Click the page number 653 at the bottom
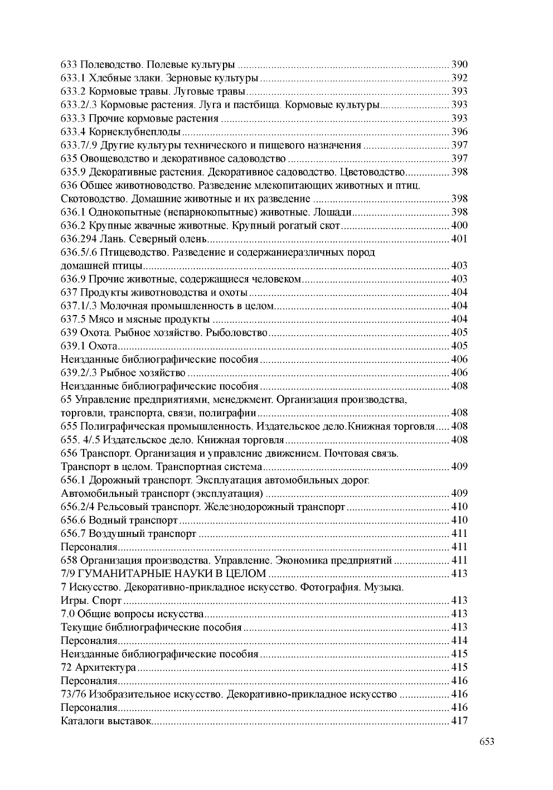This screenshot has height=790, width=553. (486, 741)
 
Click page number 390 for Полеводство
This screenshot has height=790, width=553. (459, 65)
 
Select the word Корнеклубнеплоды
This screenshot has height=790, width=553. (134, 132)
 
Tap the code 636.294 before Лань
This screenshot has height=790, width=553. (78, 239)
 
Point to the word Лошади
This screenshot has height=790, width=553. (333, 212)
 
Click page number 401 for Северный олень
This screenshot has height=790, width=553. (459, 239)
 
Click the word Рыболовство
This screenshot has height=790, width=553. (237, 333)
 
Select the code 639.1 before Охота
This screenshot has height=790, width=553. (72, 346)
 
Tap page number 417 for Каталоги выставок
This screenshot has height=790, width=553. (459, 721)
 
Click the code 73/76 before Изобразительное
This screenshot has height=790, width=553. (73, 694)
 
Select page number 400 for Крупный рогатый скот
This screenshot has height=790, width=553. (459, 226)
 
